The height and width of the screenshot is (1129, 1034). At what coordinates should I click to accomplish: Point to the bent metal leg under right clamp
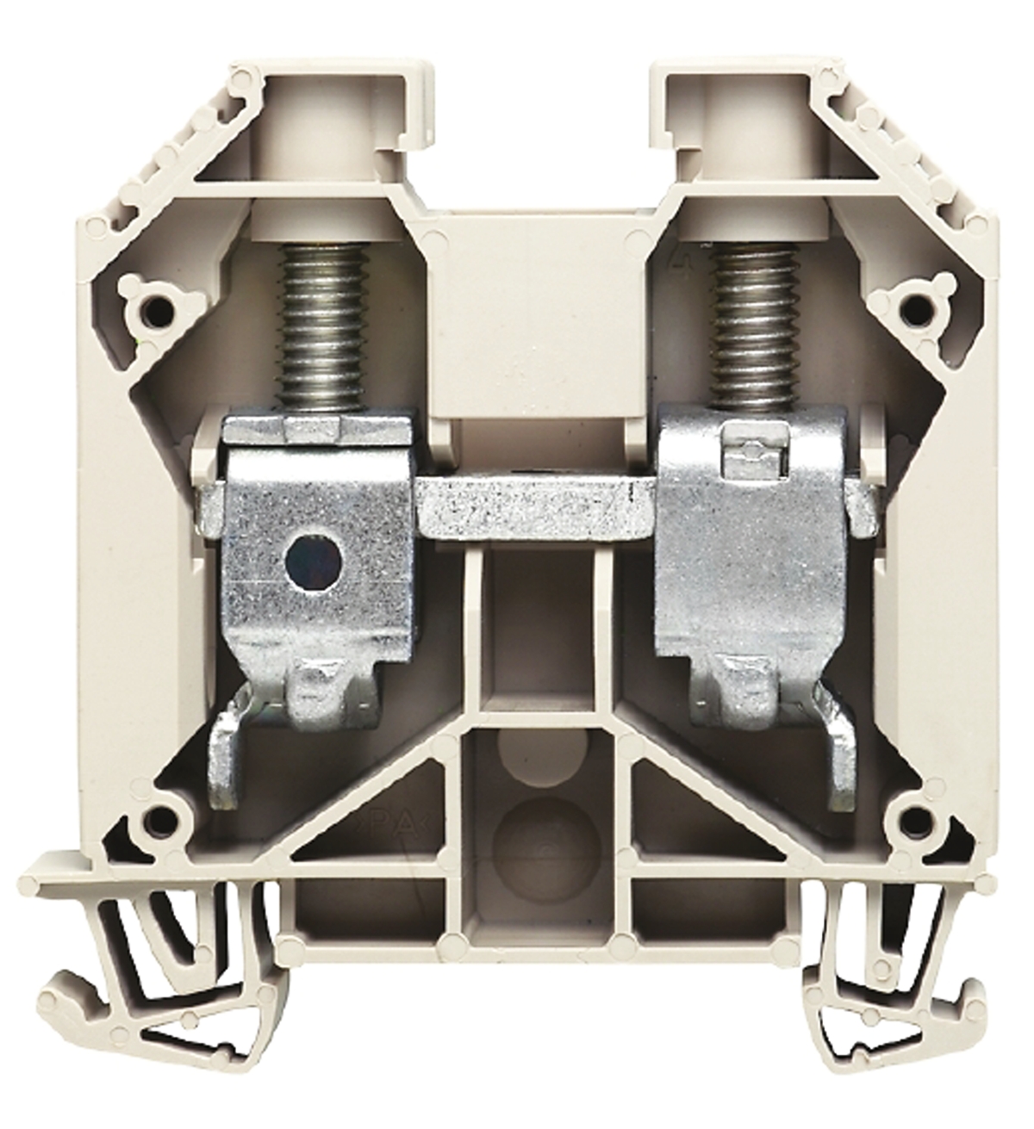click(839, 758)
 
